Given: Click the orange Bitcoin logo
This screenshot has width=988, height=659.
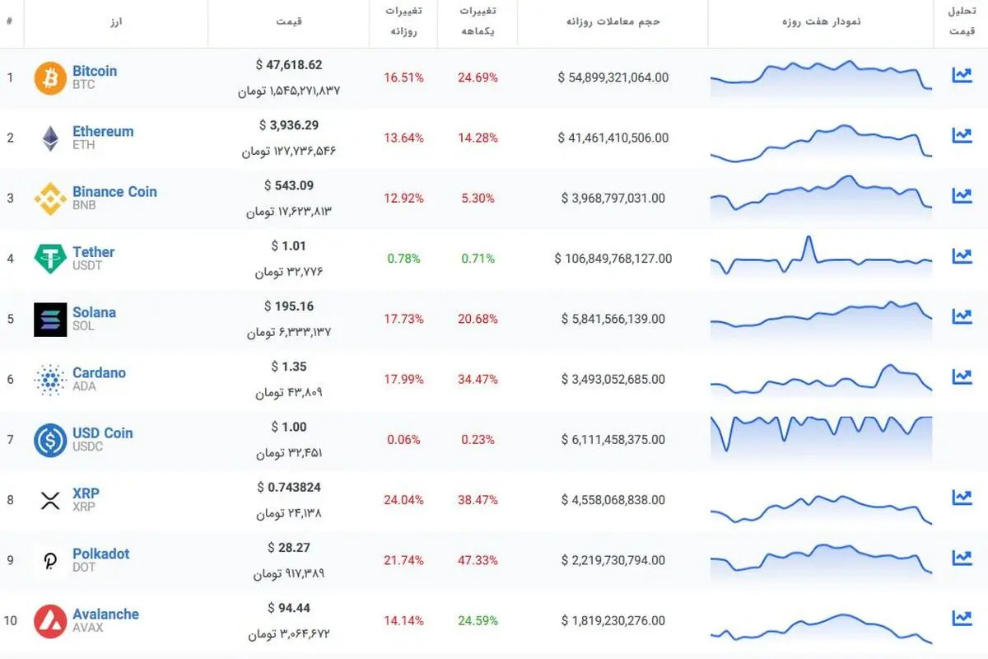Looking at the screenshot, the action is tap(50, 78).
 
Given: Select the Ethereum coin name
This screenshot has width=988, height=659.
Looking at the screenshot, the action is tap(103, 132).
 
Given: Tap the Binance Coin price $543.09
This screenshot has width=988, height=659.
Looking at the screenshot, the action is tap(289, 185).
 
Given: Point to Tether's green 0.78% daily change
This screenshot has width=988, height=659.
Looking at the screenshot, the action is tap(403, 259).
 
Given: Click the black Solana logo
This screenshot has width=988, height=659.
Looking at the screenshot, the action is tap(50, 320).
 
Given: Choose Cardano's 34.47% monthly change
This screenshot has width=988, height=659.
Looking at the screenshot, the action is tap(478, 379).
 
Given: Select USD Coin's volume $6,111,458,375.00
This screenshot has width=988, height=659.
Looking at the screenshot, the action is tap(613, 440).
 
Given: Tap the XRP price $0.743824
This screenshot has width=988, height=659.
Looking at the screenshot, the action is tap(289, 488).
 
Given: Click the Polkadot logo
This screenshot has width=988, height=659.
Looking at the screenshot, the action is tap(50, 561).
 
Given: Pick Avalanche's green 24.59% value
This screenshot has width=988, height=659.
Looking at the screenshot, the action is tap(478, 620).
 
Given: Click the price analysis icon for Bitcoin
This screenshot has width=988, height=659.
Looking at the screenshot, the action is tap(962, 75).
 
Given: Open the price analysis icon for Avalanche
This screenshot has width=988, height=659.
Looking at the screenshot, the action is tap(962, 618).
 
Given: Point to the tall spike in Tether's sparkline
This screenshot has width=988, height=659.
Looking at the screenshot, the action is tap(809, 237).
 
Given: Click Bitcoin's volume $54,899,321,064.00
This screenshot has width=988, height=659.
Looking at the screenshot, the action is tap(613, 77).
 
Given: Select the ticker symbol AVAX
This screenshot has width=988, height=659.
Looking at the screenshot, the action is tap(88, 628).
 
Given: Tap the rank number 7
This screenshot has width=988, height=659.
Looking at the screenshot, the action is tap(10, 440).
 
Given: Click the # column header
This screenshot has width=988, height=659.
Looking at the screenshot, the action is tap(10, 21).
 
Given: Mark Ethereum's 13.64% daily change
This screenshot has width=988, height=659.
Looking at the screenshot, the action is tap(403, 138).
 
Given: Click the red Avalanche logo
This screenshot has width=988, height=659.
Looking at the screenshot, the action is tap(50, 621).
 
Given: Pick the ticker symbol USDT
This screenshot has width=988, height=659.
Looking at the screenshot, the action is tap(87, 266).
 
